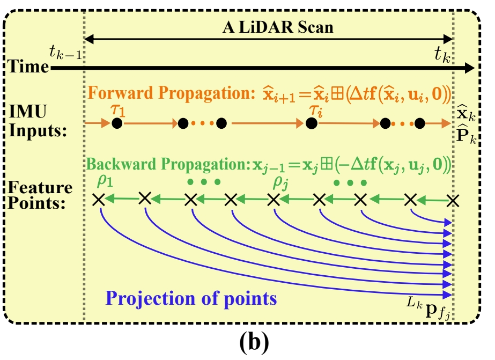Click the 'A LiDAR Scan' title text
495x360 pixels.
278,27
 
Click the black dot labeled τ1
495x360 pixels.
117,124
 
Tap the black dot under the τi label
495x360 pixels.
310,124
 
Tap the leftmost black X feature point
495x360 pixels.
98,200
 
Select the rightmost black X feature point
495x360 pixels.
454,201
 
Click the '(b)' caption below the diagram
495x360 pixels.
247,342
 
